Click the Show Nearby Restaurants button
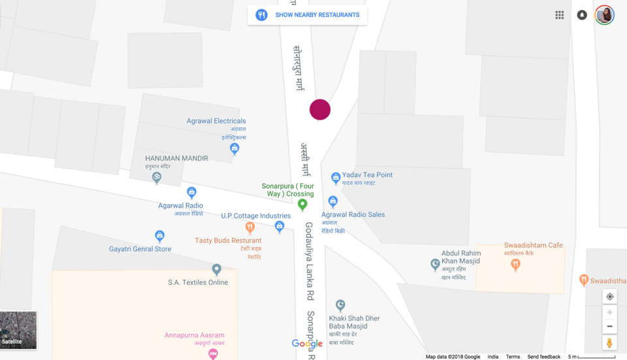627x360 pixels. (308, 15)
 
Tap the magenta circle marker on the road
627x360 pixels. (320, 110)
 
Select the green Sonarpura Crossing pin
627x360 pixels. (302, 205)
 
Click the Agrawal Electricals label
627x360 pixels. (216, 121)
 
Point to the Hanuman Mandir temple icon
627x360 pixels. (157, 177)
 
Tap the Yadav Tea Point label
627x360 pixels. (367, 175)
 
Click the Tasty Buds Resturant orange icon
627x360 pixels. (249, 227)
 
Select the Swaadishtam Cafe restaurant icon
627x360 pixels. (515, 264)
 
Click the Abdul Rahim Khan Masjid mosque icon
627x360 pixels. (435, 264)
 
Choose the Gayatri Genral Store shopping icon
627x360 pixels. (159, 236)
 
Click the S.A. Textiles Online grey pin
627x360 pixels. (217, 269)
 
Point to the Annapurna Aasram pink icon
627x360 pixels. (213, 353)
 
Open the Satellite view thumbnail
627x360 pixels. (18, 330)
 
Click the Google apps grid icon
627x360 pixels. (560, 15)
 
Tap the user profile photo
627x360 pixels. (604, 15)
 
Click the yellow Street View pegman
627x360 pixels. (609, 342)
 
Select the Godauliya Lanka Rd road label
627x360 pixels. (310, 261)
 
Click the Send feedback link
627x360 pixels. (543, 357)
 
